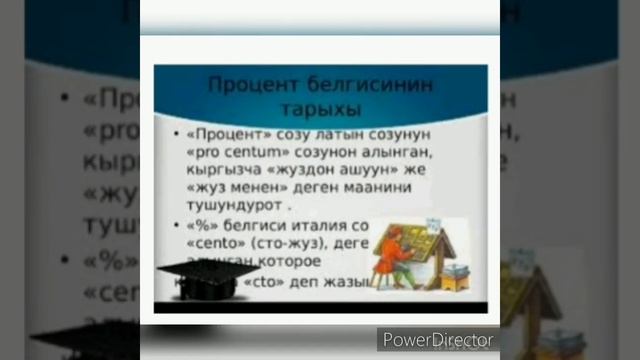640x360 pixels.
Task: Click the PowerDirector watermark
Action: (437, 339)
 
